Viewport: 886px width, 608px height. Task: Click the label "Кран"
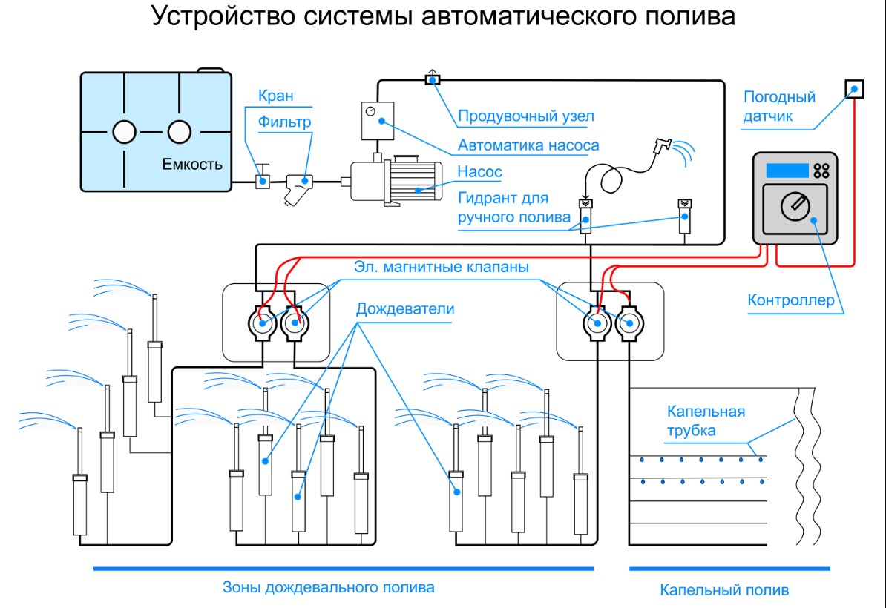click(x=276, y=96)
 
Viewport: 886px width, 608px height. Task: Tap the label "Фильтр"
click(x=285, y=122)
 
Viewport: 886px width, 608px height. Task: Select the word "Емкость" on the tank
click(x=192, y=165)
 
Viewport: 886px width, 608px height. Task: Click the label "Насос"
click(x=479, y=171)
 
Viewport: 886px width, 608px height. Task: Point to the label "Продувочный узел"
click(x=525, y=116)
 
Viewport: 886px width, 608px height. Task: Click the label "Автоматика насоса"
click(x=528, y=145)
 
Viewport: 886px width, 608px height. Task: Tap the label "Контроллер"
click(x=790, y=300)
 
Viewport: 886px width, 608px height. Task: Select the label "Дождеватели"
click(x=405, y=309)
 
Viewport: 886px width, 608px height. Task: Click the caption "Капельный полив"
click(x=724, y=590)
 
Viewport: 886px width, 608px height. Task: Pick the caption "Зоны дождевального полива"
click(x=328, y=588)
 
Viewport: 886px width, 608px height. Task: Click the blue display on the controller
click(x=787, y=171)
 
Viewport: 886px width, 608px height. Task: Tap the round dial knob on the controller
click(x=795, y=207)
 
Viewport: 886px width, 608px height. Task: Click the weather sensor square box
click(x=854, y=89)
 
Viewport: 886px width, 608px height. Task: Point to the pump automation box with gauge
click(x=378, y=121)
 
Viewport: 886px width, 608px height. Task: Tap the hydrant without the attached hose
click(x=685, y=217)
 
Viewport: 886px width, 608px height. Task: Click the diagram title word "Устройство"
click(x=224, y=16)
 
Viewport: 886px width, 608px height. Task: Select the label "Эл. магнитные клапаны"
click(x=442, y=267)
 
